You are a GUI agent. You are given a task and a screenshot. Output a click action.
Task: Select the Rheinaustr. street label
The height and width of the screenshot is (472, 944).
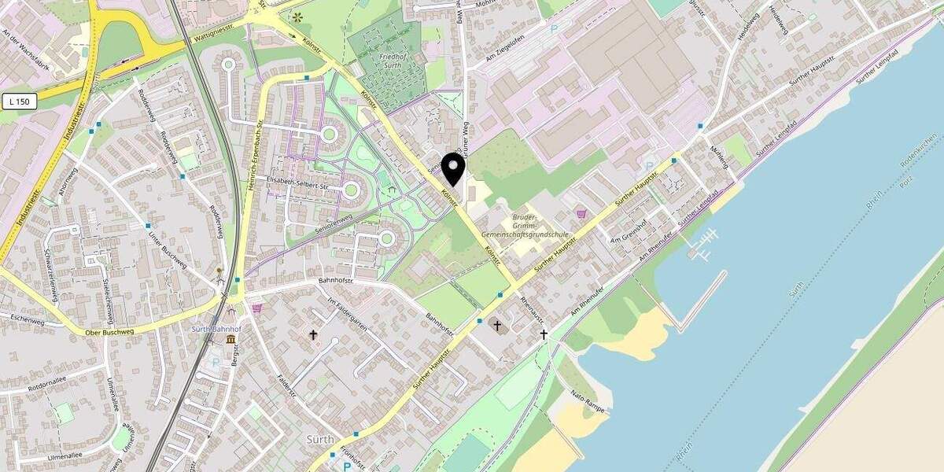tap(533, 312)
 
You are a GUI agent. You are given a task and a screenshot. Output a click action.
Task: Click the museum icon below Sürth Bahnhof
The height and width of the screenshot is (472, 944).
tap(230, 339)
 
